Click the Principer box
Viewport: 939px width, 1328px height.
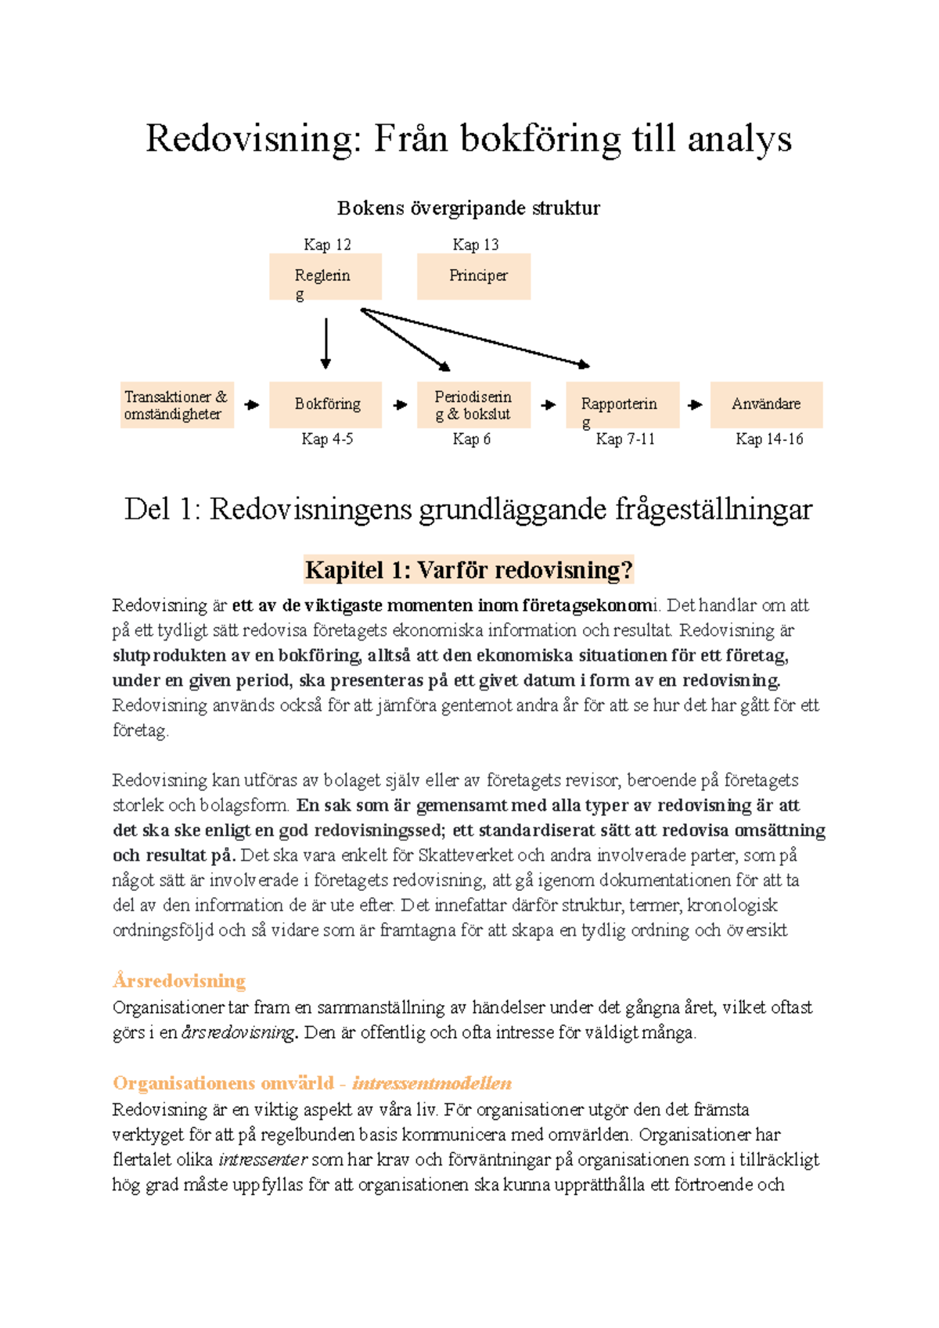pyautogui.click(x=473, y=276)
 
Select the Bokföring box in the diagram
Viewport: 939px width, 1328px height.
pyautogui.click(x=326, y=404)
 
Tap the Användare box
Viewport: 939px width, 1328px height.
pyautogui.click(x=766, y=404)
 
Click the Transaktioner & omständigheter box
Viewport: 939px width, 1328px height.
pyautogui.click(x=177, y=405)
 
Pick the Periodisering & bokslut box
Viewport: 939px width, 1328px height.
pyautogui.click(x=473, y=405)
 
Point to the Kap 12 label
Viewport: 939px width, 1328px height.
pyautogui.click(x=327, y=245)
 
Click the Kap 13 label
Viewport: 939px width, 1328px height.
pyautogui.click(x=475, y=245)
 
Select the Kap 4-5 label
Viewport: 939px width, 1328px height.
pyautogui.click(x=327, y=440)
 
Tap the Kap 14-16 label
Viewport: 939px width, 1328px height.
pyautogui.click(x=769, y=440)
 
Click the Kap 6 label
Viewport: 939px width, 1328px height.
pyautogui.click(x=471, y=440)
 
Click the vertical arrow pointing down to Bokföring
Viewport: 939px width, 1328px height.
pyautogui.click(x=326, y=343)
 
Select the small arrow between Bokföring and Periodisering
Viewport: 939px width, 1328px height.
pyautogui.click(x=401, y=405)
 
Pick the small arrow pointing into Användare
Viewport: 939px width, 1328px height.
pyautogui.click(x=695, y=405)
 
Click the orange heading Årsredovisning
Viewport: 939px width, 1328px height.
pyautogui.click(x=179, y=981)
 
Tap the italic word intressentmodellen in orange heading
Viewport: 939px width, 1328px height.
pyautogui.click(x=432, y=1083)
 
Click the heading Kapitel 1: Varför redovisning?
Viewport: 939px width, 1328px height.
pyautogui.click(x=469, y=569)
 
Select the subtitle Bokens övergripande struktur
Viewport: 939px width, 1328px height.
pyautogui.click(x=469, y=208)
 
